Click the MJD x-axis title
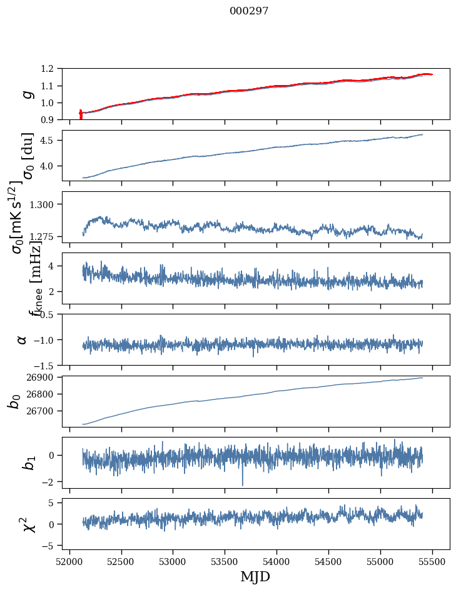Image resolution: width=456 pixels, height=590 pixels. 255,577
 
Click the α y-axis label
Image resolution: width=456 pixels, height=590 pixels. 23,339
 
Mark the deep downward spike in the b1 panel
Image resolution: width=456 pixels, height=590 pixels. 243,484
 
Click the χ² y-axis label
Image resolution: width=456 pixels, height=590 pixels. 27,524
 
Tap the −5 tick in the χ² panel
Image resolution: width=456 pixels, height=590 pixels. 56,546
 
